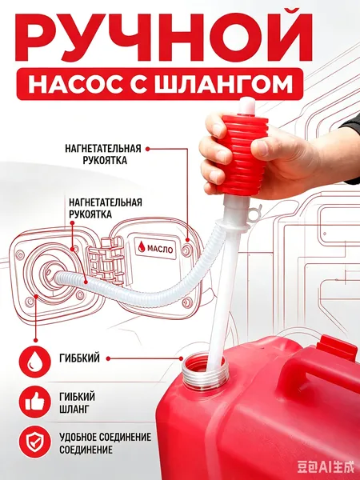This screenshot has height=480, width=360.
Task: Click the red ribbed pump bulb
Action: (x=242, y=155)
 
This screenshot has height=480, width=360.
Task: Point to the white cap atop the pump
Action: (x=247, y=106)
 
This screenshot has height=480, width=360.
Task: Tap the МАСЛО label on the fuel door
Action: (x=160, y=249)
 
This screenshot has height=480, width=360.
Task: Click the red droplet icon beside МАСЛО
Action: (x=142, y=246)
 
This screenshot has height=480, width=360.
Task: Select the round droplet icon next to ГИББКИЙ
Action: (x=35, y=362)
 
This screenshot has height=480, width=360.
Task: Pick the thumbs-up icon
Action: (x=35, y=402)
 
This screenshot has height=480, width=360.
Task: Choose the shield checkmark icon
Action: (x=35, y=442)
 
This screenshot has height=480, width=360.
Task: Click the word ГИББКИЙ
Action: (x=79, y=358)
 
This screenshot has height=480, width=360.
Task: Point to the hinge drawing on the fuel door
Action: (x=106, y=261)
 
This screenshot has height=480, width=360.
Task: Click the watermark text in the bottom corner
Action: (x=326, y=468)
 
